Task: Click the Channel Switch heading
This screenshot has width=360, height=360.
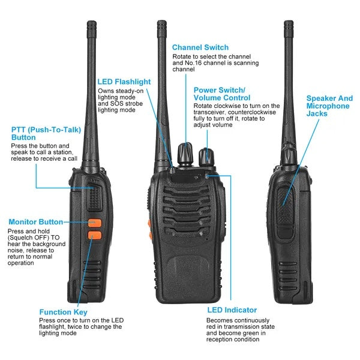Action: coord(200,47)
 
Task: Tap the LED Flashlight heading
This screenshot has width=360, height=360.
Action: coord(124,82)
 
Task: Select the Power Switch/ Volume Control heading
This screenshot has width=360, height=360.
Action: coord(222,94)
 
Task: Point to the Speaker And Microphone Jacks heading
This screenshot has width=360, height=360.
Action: coord(329,106)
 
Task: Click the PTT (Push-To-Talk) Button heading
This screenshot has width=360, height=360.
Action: coord(40,133)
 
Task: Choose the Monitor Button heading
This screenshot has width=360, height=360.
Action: coord(35,222)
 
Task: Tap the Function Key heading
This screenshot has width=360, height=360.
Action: coord(63,312)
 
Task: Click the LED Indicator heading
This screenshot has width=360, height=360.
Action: coord(232,310)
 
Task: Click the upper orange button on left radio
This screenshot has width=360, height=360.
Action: coord(94,223)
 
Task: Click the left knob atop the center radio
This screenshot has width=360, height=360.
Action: coord(185,155)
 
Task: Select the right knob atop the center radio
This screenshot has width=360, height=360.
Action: coord(208,155)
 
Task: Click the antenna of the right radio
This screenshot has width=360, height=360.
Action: coord(289,84)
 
